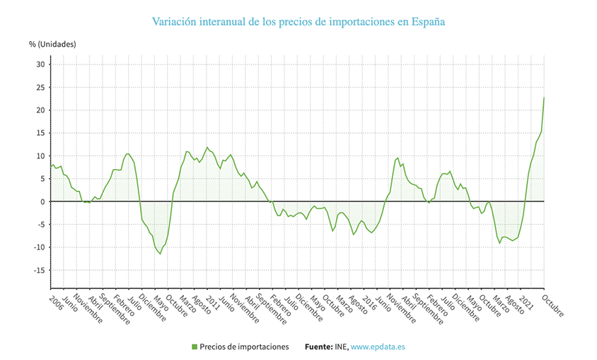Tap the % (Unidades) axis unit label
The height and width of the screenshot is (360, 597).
click(x=52, y=44)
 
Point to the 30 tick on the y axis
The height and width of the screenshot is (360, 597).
click(x=40, y=64)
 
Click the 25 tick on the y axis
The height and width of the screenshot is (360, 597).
click(x=40, y=87)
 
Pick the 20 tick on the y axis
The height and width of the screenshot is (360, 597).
click(x=40, y=110)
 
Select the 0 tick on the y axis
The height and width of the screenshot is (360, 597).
click(x=42, y=202)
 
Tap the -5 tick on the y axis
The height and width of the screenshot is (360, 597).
click(x=40, y=225)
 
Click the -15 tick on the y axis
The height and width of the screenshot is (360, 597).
click(x=39, y=270)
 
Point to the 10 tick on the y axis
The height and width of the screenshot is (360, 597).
click(x=40, y=156)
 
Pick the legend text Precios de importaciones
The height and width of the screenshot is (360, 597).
click(x=245, y=347)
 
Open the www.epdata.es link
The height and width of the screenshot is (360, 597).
click(x=378, y=347)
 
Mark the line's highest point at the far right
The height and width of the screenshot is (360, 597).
click(x=543, y=98)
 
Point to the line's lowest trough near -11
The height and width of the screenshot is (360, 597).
click(x=161, y=254)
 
